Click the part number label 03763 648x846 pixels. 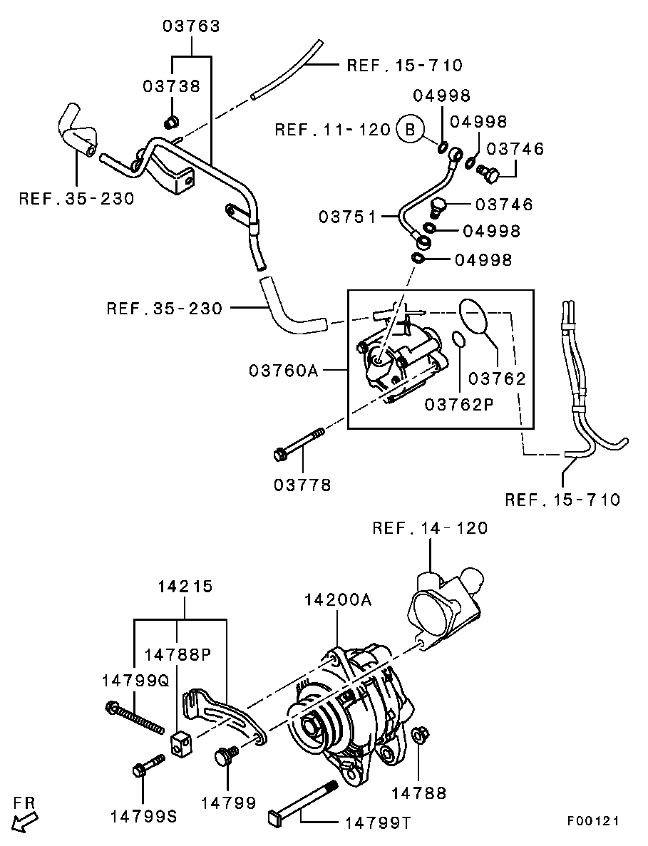(191, 26)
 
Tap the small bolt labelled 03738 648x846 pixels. (170, 123)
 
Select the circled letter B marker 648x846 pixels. (410, 129)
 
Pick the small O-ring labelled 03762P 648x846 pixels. (460, 340)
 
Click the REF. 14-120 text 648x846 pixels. (430, 528)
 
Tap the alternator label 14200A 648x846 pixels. (338, 599)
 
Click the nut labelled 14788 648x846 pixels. (419, 735)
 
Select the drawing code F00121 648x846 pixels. (592, 821)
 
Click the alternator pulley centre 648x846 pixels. (312, 725)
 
